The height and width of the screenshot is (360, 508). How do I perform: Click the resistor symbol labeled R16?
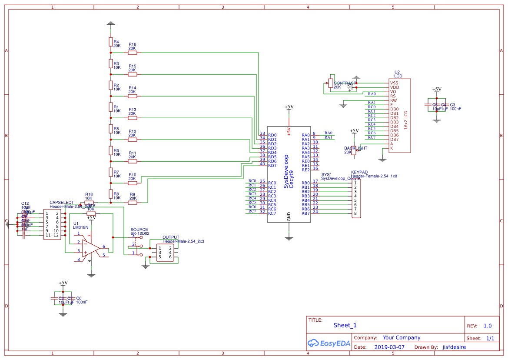(x=133, y=53)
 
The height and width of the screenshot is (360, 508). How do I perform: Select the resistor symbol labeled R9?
(x=133, y=203)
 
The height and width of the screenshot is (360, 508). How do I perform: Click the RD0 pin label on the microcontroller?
(x=272, y=135)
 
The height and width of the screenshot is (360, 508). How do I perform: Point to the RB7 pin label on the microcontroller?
(x=305, y=213)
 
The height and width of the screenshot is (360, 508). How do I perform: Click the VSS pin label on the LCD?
(x=394, y=83)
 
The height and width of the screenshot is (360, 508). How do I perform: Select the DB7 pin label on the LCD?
(x=394, y=140)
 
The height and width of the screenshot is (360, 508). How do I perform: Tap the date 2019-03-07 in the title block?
(x=389, y=347)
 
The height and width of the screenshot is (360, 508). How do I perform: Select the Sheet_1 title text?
(x=345, y=325)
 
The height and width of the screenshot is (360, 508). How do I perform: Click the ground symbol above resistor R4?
(x=111, y=23)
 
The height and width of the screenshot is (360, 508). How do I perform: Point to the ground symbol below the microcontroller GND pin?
(x=289, y=237)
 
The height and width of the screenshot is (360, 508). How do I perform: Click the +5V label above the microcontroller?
(x=289, y=107)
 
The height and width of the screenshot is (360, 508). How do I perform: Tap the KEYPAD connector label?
(x=359, y=172)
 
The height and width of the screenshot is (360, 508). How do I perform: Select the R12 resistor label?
(x=132, y=131)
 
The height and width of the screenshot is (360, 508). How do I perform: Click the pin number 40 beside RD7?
(x=262, y=164)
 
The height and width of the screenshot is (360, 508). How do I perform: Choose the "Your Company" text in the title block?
(x=402, y=337)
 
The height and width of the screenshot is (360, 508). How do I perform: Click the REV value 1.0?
(x=487, y=326)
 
